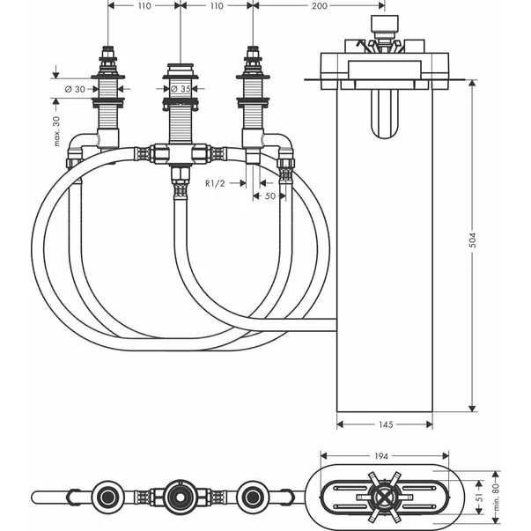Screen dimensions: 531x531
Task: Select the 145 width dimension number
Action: coord(384,425)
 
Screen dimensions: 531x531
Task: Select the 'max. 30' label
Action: coord(56,131)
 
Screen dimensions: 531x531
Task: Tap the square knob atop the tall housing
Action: coord(384,24)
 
